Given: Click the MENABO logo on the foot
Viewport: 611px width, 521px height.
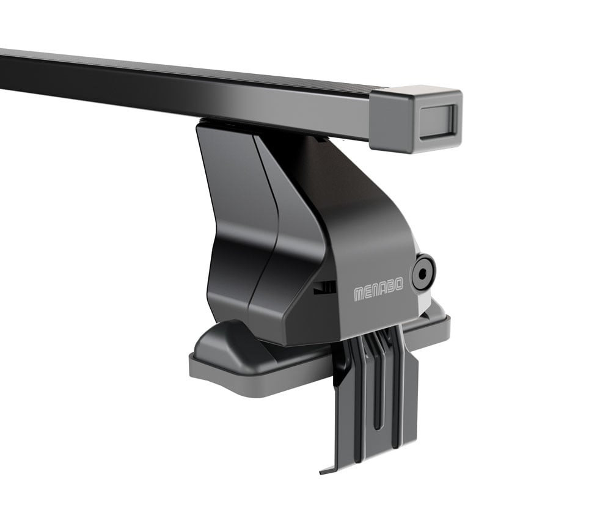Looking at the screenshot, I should (378, 290).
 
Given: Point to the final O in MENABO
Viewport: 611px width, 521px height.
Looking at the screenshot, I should (398, 285).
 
